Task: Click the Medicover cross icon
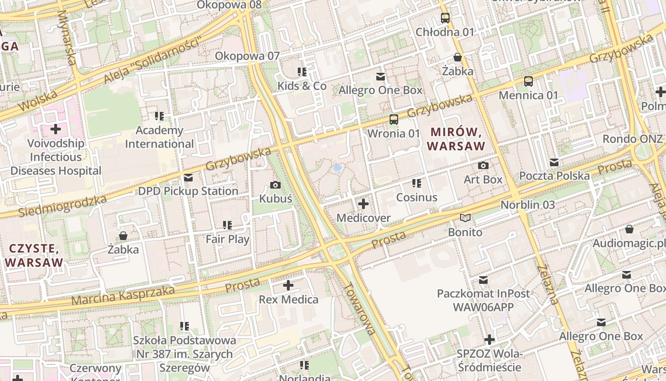point(363,204)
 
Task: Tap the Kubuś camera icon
point(275,185)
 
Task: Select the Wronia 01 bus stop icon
point(393,120)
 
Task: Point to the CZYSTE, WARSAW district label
point(34,255)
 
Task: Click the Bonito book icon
point(465,218)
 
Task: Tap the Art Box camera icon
point(483,165)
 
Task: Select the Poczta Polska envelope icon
point(554,162)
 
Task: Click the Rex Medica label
point(288,300)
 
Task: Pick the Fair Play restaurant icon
point(227,225)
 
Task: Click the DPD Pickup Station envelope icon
point(188,178)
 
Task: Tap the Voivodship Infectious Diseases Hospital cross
point(56,129)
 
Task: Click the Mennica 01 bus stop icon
point(528,81)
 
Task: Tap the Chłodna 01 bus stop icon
point(445,19)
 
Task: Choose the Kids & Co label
point(302,86)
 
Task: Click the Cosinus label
point(416,197)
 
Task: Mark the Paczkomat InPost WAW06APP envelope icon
point(483,280)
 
